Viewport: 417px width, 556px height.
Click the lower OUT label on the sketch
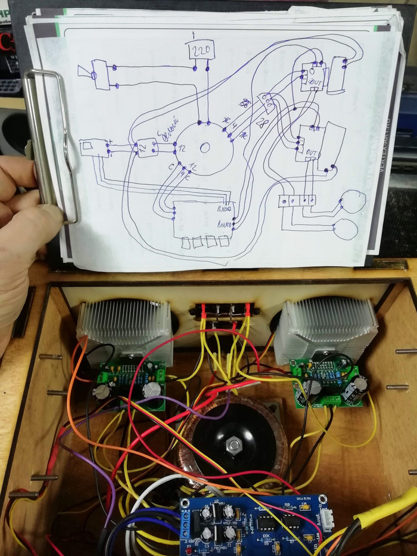point(310,153)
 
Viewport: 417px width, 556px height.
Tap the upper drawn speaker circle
point(351,202)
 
